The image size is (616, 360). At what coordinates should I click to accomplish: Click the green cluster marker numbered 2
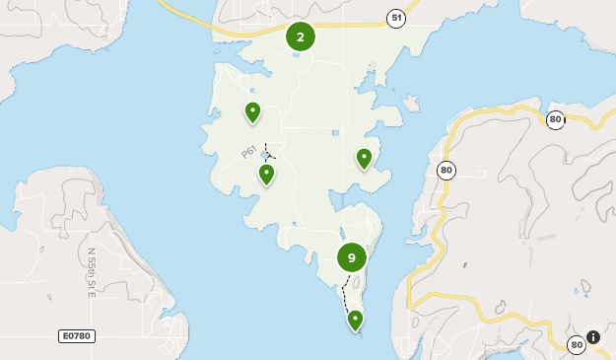click(301, 37)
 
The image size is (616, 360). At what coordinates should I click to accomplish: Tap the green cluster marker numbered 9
click(352, 257)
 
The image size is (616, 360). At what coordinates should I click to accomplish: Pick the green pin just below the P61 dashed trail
click(266, 175)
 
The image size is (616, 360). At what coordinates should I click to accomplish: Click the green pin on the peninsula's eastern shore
click(364, 158)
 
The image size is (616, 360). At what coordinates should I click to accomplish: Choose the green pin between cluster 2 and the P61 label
click(252, 112)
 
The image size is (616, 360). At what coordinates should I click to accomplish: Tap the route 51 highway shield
click(395, 19)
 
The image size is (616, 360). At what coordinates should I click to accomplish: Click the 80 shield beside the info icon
click(576, 344)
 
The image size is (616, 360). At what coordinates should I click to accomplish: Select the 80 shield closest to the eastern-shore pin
click(446, 171)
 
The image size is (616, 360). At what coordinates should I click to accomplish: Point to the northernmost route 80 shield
click(555, 120)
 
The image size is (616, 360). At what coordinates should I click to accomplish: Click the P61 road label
click(250, 152)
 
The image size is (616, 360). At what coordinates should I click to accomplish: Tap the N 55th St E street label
click(91, 272)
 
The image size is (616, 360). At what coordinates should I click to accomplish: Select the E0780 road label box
click(76, 336)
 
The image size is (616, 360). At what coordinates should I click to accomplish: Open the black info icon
click(593, 337)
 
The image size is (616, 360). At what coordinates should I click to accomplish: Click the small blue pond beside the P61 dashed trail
click(263, 156)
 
